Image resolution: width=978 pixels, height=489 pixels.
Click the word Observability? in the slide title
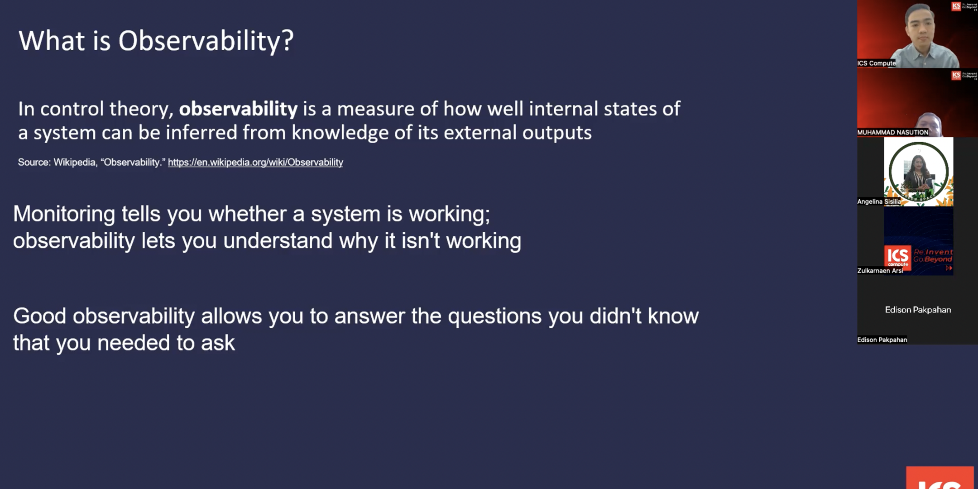point(206,41)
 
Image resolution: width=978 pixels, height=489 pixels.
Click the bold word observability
point(238,109)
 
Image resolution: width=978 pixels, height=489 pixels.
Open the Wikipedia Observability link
point(255,162)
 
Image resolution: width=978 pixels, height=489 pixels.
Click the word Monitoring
point(64,214)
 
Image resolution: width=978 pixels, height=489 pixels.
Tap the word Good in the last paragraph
point(39,316)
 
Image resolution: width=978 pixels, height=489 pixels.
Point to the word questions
point(494,316)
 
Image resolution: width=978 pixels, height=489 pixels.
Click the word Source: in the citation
point(34,162)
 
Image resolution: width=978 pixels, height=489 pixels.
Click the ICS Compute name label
point(876,63)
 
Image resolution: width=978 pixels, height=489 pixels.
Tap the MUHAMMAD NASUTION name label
point(892,132)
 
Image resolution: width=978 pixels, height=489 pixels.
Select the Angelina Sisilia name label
point(879,201)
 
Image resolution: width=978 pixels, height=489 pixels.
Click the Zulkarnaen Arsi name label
point(880,271)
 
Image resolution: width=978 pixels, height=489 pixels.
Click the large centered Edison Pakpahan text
point(918,310)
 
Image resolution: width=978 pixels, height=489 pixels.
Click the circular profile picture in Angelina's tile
point(918,172)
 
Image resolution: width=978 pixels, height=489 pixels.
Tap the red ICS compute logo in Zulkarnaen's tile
point(897,257)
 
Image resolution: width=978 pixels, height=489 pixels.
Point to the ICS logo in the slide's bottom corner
point(940,478)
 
